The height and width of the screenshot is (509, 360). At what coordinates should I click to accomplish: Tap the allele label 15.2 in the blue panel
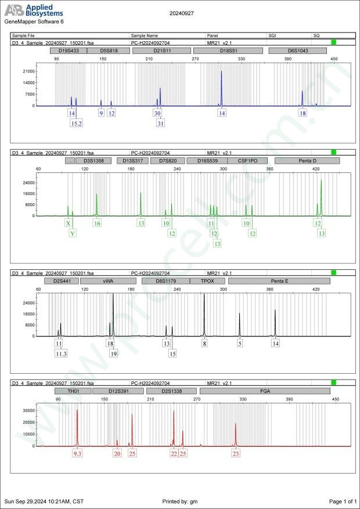tap(76, 124)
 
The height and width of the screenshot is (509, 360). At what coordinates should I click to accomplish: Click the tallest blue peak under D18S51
tap(221, 72)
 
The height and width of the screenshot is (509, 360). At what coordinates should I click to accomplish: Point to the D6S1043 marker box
tap(297, 51)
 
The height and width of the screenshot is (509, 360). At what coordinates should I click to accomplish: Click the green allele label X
tap(69, 223)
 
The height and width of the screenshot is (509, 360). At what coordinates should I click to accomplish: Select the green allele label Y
tap(73, 233)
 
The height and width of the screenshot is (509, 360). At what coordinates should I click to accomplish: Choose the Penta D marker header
tap(307, 160)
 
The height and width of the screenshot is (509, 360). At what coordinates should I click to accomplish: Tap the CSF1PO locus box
tap(247, 160)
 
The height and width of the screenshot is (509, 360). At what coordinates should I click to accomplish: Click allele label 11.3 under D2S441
tap(62, 354)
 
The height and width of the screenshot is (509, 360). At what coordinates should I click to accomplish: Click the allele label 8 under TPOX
tap(204, 344)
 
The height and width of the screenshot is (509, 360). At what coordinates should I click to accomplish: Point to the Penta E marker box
tap(279, 281)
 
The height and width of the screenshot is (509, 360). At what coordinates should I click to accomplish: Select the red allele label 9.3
tap(77, 453)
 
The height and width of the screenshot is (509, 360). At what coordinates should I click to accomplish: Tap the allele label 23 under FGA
tap(236, 453)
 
